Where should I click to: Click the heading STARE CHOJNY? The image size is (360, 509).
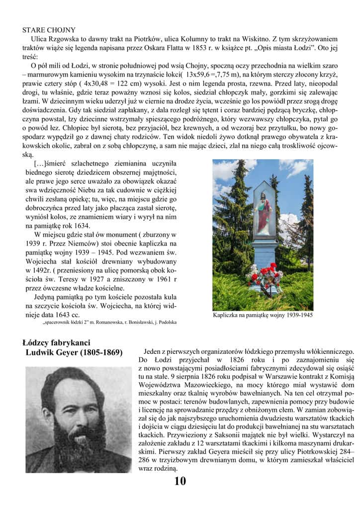pyautogui.click(x=49, y=30)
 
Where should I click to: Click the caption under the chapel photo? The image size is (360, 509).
pyautogui.click(x=263, y=315)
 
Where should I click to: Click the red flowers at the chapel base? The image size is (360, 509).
pyautogui.click(x=266, y=272)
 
